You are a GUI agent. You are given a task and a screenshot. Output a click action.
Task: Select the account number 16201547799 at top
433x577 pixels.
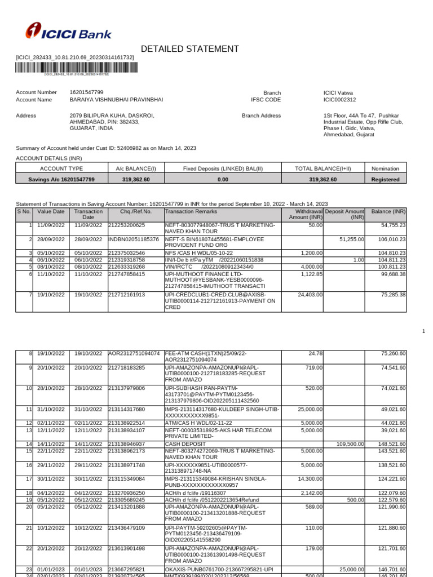click(x=86, y=92)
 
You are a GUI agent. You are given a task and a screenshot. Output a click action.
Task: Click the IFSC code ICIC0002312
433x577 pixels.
click(x=339, y=100)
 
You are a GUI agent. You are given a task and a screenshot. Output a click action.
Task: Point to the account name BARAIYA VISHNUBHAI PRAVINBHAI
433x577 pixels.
click(x=116, y=100)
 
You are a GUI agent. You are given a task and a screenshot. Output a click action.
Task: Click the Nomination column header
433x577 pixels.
click(x=386, y=168)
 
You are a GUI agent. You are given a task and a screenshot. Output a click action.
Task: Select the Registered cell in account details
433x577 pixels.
click(x=386, y=180)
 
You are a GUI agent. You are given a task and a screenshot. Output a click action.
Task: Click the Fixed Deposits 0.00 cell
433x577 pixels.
click(x=223, y=180)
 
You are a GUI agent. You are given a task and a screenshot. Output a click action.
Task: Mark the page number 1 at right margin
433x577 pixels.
click(x=423, y=331)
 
